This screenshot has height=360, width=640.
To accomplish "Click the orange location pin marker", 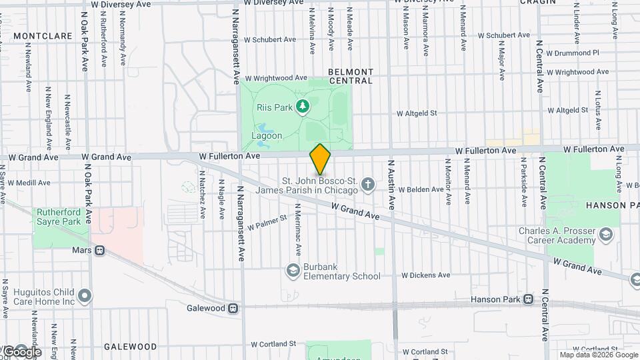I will (321, 159).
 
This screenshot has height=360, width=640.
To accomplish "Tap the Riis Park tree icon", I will (303, 106).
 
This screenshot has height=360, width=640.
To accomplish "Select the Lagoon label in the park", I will (267, 135).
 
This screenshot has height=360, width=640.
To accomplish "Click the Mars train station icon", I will (99, 251).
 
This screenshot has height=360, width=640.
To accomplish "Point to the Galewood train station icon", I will (233, 308).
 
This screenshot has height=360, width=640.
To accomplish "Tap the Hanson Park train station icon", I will (529, 299).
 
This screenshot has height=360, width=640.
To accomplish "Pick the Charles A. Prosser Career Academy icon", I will (605, 234).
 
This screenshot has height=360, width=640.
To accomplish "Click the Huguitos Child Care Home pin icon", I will (84, 295).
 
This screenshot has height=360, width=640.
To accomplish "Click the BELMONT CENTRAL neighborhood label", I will (351, 76).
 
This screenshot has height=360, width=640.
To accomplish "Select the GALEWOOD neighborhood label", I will (130, 347).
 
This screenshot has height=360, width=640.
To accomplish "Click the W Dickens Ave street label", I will (425, 275).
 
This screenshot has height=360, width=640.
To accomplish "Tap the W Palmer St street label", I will (267, 222).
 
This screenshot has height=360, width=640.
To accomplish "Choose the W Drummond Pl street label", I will (573, 52).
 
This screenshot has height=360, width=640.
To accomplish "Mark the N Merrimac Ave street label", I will (297, 233).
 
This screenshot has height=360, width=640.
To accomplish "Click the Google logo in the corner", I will (22, 351).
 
